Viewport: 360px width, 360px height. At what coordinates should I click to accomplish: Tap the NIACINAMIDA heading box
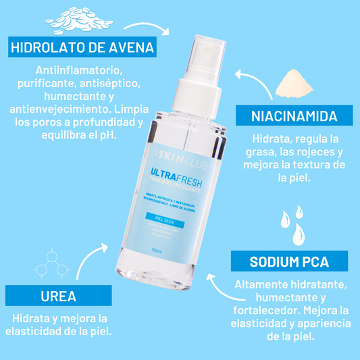pyautogui.click(x=294, y=115)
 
